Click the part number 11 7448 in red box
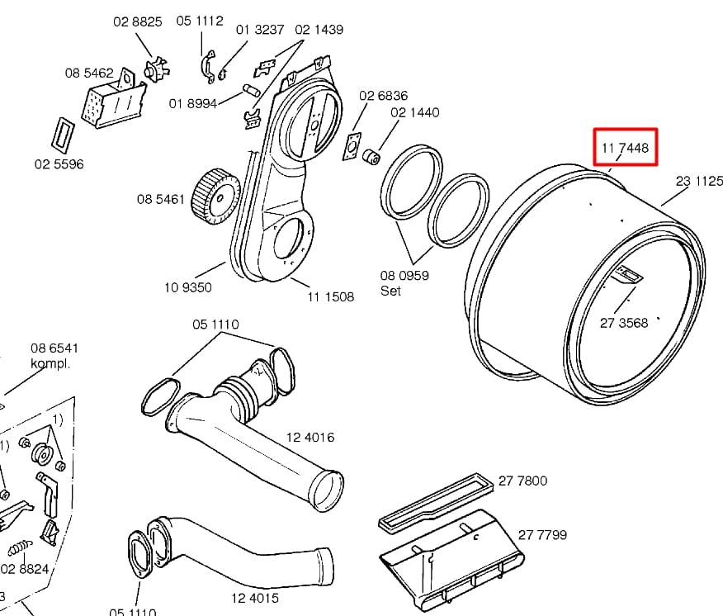[x=626, y=149]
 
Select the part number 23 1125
[x=699, y=181]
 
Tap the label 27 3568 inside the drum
[x=623, y=323]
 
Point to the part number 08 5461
[x=160, y=199]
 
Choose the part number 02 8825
[x=138, y=22]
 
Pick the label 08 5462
[x=89, y=73]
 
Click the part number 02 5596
[x=59, y=163]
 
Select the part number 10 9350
[x=187, y=287]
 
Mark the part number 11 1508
[x=331, y=296]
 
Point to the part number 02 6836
[x=382, y=97]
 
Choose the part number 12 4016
[x=310, y=438]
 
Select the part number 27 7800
[x=522, y=481]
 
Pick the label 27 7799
[x=542, y=534]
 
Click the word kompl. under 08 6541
[x=50, y=363]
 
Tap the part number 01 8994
[x=192, y=103]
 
